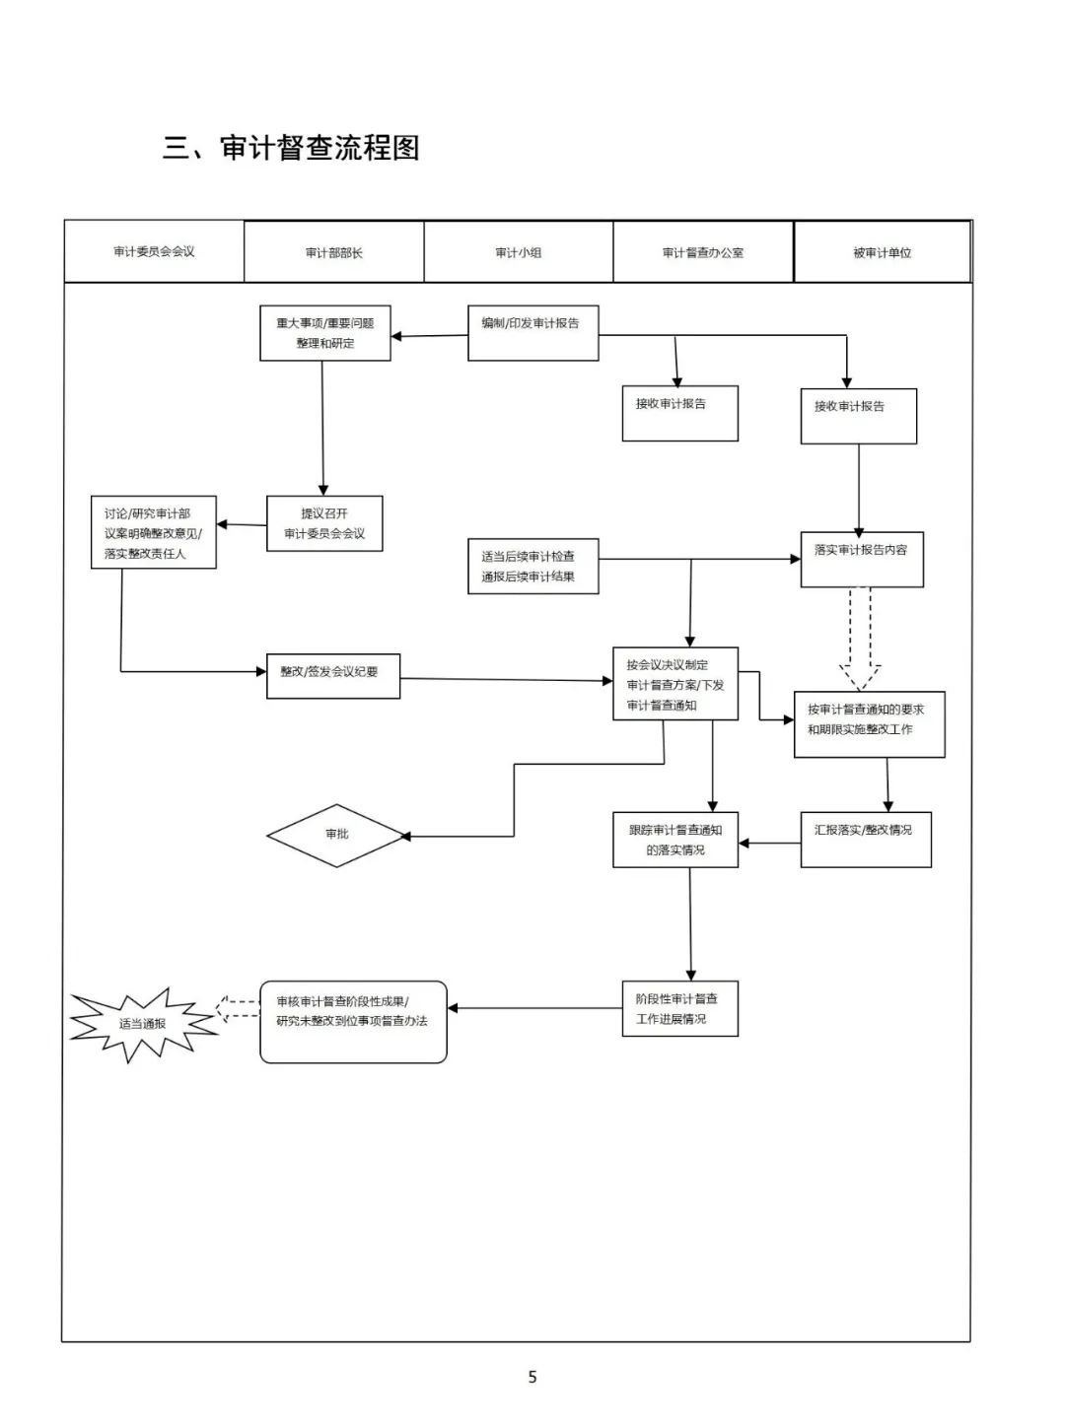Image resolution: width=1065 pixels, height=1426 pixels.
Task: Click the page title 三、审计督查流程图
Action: (291, 148)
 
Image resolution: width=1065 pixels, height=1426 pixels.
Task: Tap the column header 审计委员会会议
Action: (154, 252)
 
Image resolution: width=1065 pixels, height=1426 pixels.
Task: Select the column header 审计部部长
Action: (334, 253)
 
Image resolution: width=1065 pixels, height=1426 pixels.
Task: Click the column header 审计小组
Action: (519, 253)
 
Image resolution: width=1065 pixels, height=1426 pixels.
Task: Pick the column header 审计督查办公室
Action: (703, 253)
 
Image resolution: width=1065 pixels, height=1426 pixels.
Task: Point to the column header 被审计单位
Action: (883, 253)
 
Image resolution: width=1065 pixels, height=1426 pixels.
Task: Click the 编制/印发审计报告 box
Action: (532, 333)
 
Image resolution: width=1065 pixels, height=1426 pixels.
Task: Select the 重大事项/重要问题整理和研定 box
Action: (325, 333)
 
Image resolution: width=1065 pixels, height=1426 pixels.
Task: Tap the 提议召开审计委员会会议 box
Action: (324, 523)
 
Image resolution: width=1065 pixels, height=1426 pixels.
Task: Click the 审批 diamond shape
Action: (337, 834)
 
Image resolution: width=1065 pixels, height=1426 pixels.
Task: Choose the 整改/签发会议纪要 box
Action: (333, 676)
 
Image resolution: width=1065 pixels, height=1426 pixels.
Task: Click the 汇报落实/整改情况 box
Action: (865, 840)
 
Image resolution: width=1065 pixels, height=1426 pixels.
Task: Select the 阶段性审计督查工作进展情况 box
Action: (679, 1009)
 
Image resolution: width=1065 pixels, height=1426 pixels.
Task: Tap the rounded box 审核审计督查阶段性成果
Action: (353, 1022)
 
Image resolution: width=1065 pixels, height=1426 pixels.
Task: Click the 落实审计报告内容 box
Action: (862, 560)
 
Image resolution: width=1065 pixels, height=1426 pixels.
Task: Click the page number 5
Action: (532, 1377)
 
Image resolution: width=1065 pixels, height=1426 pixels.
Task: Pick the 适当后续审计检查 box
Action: (532, 567)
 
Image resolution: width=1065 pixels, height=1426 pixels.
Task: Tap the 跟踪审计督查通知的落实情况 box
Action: (675, 840)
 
